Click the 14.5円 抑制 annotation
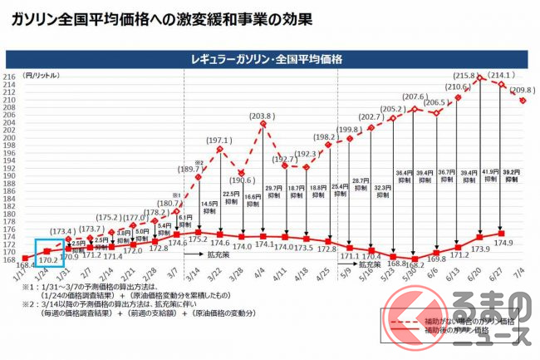click(209, 206)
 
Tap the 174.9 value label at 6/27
click(503, 244)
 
